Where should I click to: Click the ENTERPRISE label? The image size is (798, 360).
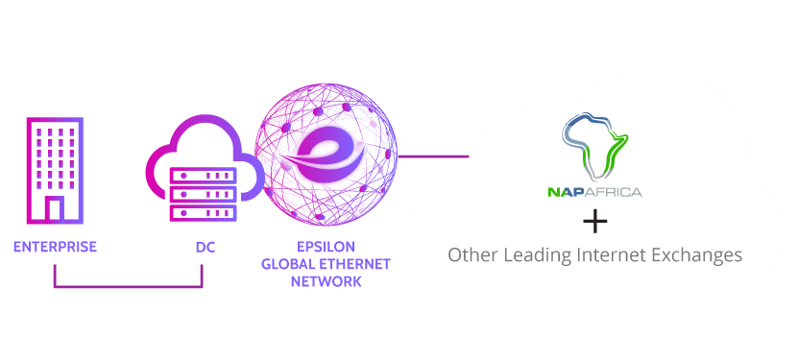point(55,247)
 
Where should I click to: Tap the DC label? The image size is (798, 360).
point(205,247)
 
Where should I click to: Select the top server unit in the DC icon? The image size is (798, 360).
point(203,177)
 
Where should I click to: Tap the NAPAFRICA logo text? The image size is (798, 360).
point(594,192)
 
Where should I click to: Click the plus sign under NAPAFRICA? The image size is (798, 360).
point(595,223)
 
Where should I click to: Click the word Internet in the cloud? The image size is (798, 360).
point(615,255)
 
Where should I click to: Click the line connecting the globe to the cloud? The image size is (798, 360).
point(432,155)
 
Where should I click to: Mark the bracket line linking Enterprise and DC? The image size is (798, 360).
point(128,285)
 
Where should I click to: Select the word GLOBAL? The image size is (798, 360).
point(288,264)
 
